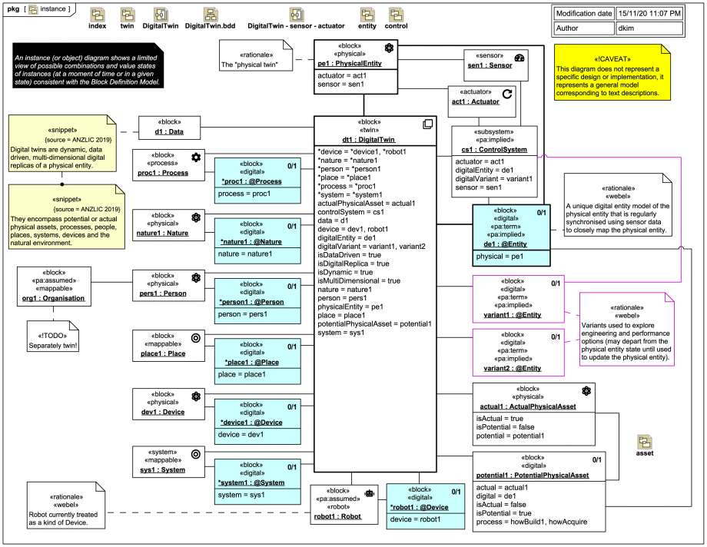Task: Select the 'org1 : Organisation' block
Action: tap(53, 287)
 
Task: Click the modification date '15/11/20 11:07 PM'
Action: tap(650, 14)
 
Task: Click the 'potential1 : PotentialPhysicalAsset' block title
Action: tap(533, 476)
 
